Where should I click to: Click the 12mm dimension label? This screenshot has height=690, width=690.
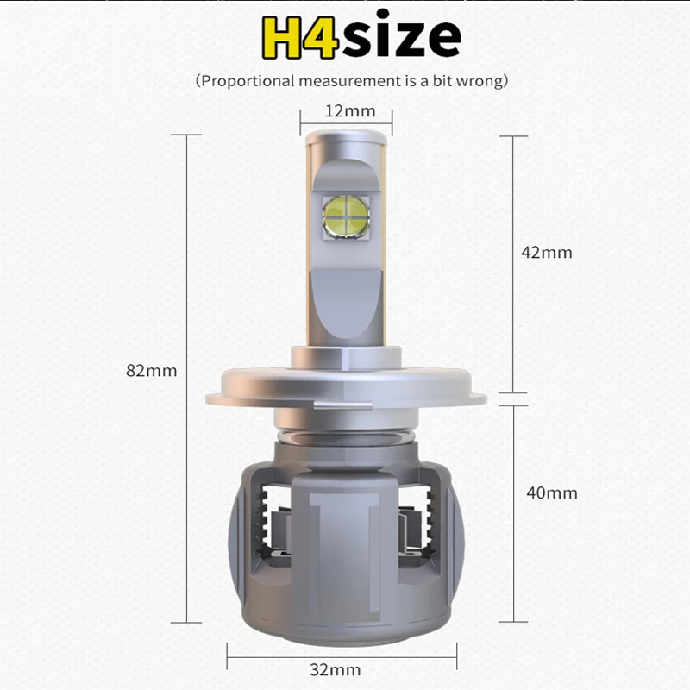tap(350, 111)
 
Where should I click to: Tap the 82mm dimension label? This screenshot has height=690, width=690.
tap(152, 371)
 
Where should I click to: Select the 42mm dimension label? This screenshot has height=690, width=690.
tap(547, 253)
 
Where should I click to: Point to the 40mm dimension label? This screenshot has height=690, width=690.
tap(552, 492)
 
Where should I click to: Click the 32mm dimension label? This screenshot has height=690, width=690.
tap(336, 670)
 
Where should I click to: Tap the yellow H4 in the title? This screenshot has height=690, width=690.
tap(300, 37)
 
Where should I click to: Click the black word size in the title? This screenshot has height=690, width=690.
tap(401, 34)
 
